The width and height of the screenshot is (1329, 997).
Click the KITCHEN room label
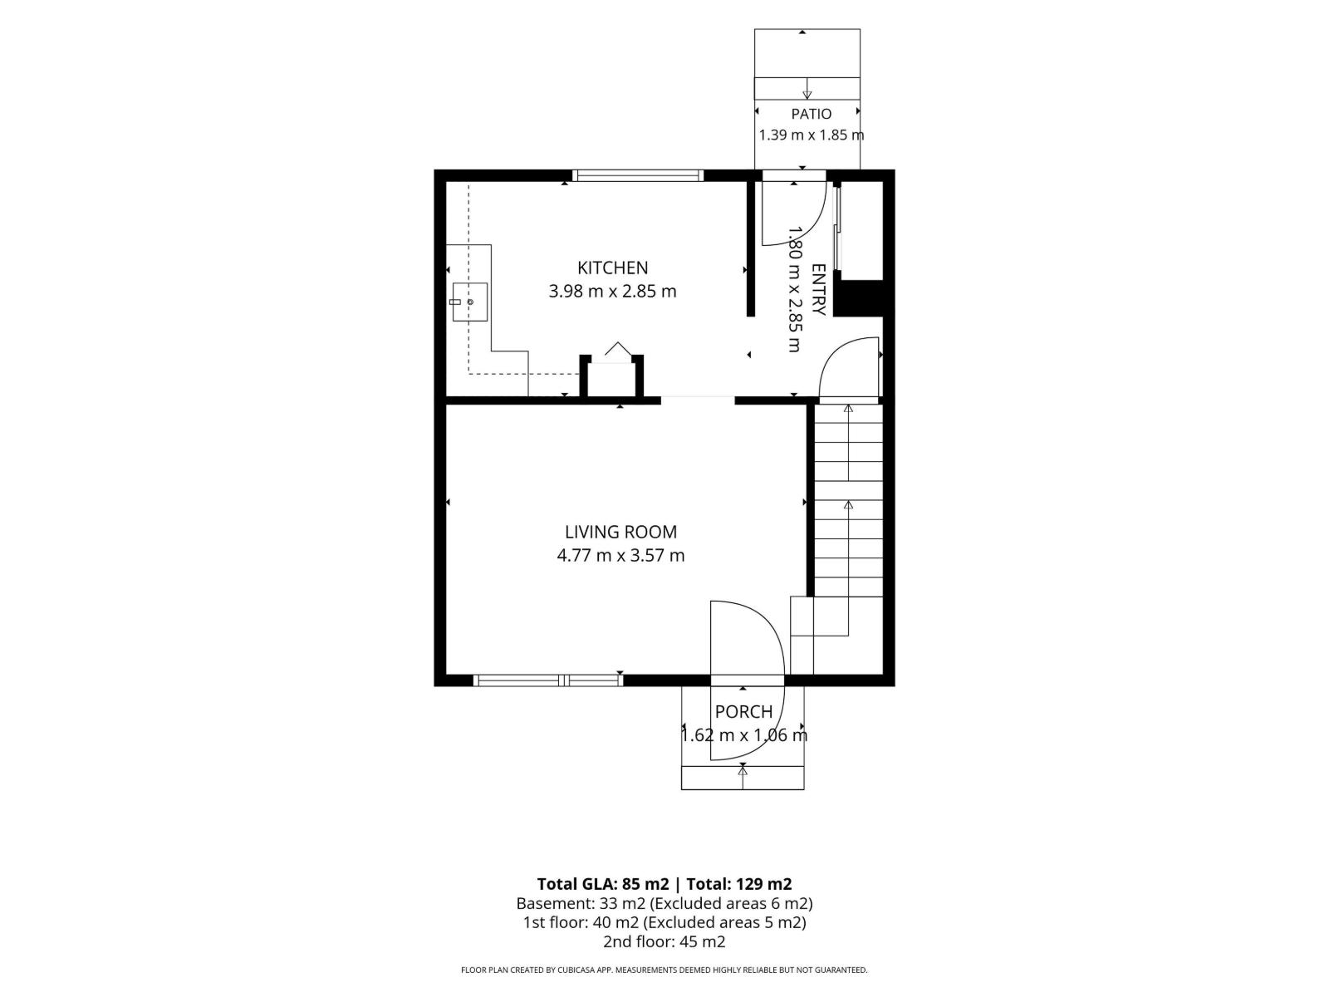[612, 268]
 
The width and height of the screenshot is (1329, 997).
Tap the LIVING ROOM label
[620, 532]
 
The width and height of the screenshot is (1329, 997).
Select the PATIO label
[811, 114]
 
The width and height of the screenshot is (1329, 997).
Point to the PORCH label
[743, 711]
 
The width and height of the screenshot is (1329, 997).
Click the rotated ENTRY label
[819, 289]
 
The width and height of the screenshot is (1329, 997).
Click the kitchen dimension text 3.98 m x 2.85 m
[612, 291]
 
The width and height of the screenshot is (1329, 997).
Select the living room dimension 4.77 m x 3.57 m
[620, 555]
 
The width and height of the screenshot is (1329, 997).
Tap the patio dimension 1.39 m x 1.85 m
[812, 135]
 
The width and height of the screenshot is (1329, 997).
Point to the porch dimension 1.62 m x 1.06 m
[744, 735]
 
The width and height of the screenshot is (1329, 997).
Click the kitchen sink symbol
[469, 302]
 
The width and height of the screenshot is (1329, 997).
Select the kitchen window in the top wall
[638, 175]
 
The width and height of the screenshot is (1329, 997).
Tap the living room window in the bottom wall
[548, 680]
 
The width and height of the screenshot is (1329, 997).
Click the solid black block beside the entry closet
[859, 297]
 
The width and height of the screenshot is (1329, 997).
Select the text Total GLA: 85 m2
[603, 884]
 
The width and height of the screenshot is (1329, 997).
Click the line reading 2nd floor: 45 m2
[664, 941]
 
